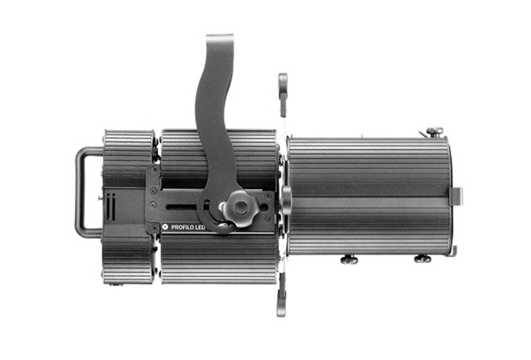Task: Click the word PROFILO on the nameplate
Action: point(182,228)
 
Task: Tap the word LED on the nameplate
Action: point(200,228)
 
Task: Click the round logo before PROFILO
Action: point(165,227)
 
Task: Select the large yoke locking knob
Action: point(240,207)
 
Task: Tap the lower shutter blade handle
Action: point(281,295)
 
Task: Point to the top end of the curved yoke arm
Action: point(220,35)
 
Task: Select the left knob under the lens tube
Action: point(349,260)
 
